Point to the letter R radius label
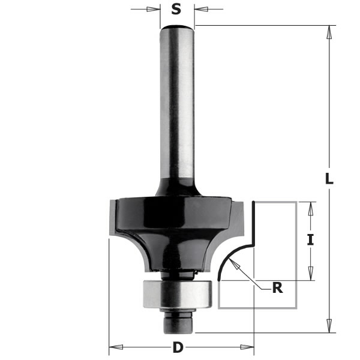click(277, 288)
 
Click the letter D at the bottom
click(178, 347)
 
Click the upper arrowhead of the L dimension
click(329, 32)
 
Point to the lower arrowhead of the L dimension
click(329, 326)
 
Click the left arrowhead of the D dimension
click(115, 347)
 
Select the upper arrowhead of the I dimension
click(310, 208)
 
